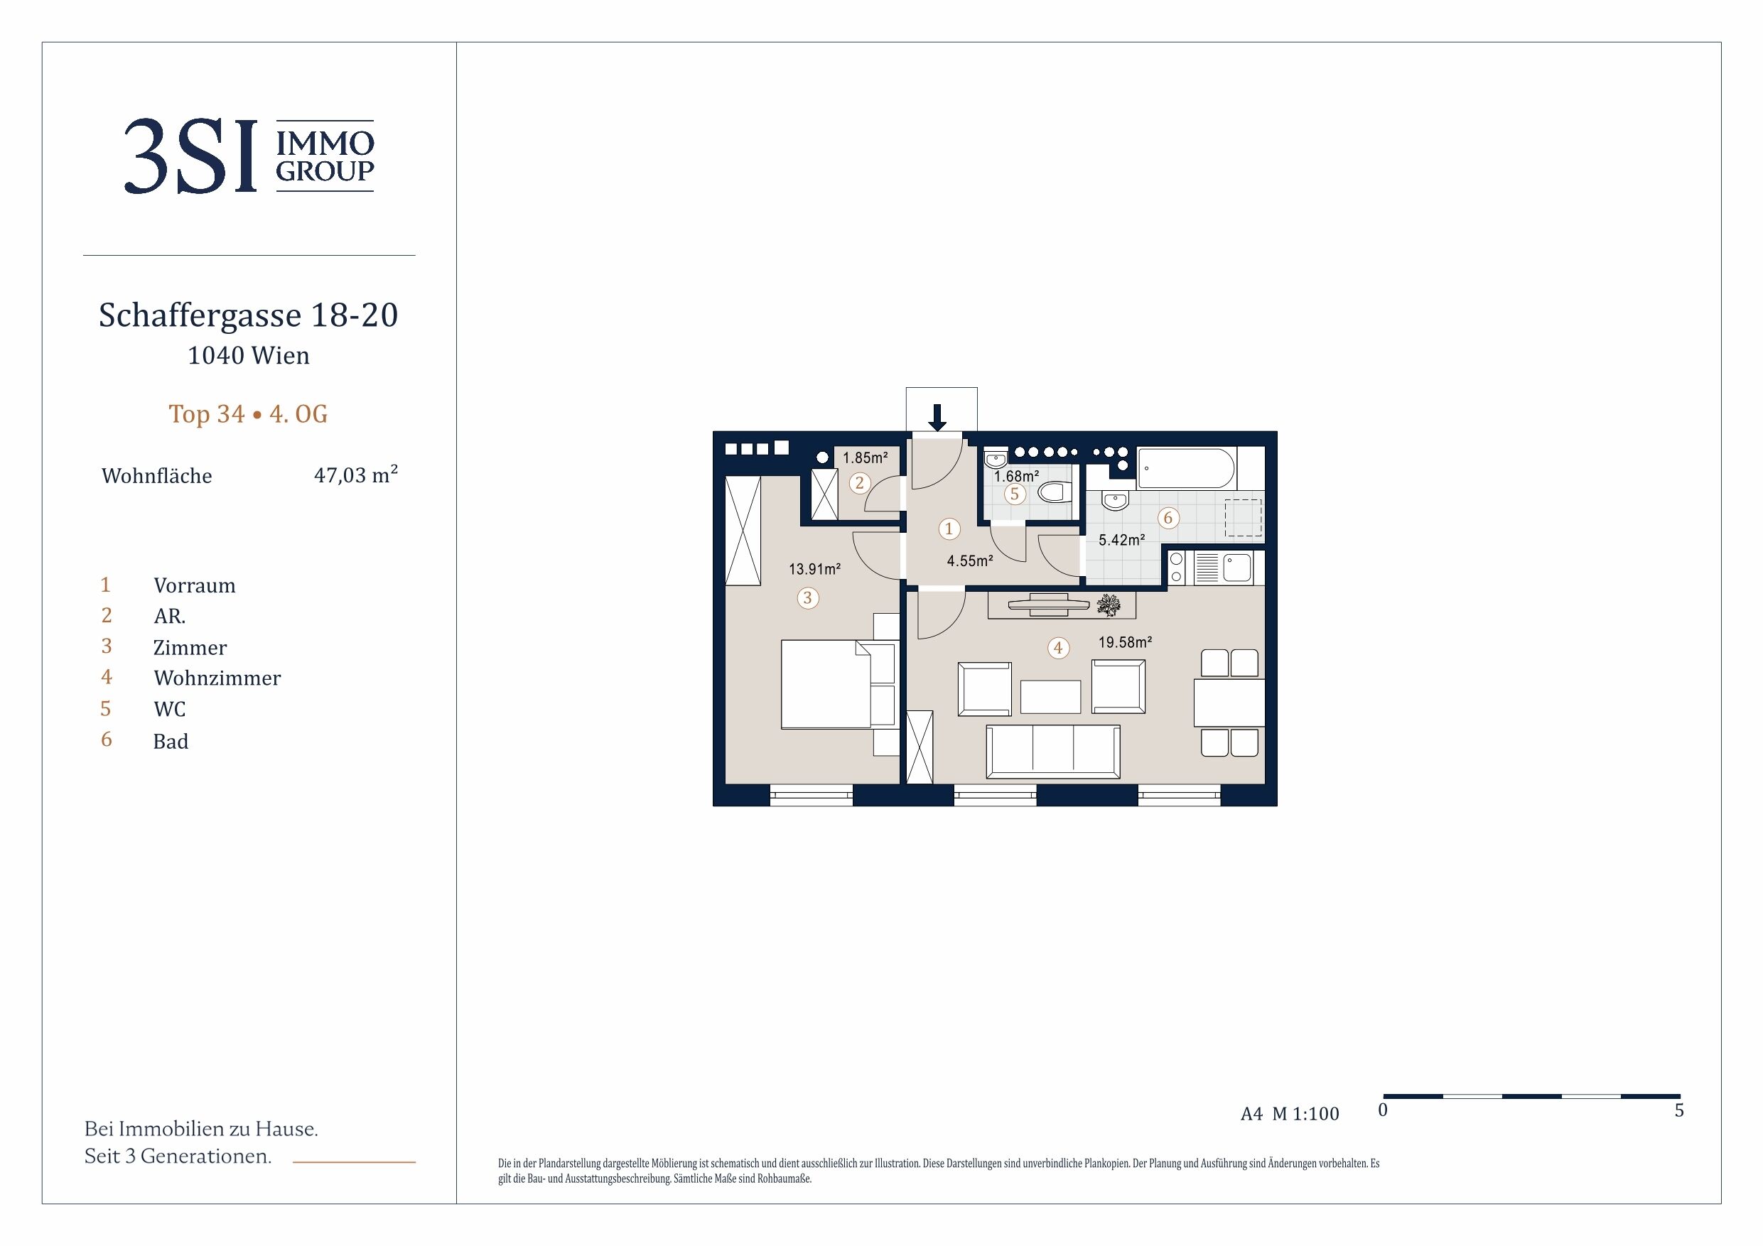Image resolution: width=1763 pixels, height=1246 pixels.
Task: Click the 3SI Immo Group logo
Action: [x=249, y=156]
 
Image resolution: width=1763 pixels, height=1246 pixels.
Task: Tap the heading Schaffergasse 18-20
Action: [x=249, y=315]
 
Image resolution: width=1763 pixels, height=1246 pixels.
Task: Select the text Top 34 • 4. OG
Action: [x=248, y=414]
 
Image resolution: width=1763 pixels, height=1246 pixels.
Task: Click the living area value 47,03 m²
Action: [x=355, y=475]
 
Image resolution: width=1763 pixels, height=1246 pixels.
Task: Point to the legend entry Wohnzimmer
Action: [x=217, y=678]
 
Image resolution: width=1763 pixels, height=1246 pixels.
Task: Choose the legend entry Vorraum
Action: [x=194, y=585]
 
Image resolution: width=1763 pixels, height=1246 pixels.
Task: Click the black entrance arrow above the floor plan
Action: [x=937, y=417]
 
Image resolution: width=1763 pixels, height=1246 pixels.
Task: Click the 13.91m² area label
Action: [x=814, y=569]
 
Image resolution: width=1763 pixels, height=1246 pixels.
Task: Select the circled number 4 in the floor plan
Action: [x=1058, y=648]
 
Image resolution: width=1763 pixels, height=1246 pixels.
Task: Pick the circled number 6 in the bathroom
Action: [x=1168, y=518]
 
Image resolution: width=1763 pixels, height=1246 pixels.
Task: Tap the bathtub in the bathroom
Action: [x=1186, y=468]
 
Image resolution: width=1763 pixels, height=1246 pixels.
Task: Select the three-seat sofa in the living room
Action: [x=1052, y=752]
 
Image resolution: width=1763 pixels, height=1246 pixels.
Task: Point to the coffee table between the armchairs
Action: [x=1050, y=697]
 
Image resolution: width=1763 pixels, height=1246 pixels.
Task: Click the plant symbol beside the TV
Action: [x=1108, y=605]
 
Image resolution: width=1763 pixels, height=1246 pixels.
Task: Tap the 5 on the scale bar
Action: [x=1679, y=1110]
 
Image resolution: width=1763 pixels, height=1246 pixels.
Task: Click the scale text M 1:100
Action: [x=1305, y=1114]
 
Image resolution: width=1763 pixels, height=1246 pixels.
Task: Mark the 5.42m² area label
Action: [x=1122, y=540]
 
